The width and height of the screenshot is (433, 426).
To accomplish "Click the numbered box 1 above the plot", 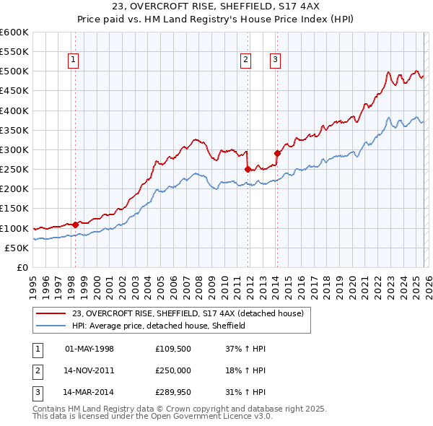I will click(x=74, y=60).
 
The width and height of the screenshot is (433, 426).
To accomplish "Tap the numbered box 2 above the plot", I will click(x=246, y=60).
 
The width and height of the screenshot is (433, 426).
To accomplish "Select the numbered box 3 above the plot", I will click(x=276, y=60).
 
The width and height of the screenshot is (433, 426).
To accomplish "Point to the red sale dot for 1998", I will click(x=75, y=225).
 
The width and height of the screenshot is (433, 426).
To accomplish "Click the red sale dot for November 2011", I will click(x=248, y=169).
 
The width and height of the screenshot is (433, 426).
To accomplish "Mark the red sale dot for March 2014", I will click(x=277, y=153).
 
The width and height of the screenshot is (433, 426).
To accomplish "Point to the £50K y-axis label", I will click(x=17, y=248).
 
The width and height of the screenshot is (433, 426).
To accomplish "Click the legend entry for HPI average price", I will click(x=159, y=326).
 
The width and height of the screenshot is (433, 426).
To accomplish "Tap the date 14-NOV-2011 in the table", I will click(x=89, y=371).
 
